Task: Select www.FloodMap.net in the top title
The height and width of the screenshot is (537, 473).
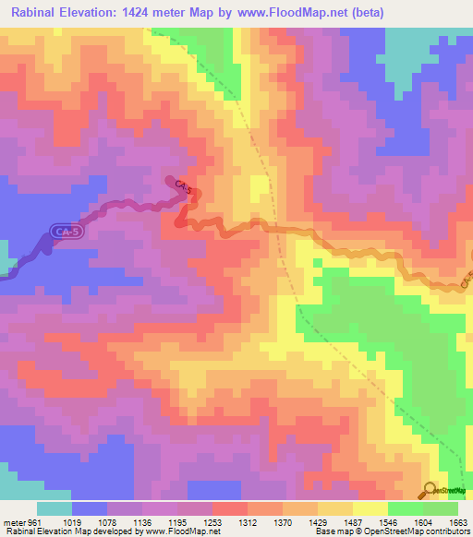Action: [x=294, y=12]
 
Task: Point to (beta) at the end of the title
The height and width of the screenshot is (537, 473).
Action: [x=363, y=12]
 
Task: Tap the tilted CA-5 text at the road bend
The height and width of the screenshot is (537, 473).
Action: [x=182, y=188]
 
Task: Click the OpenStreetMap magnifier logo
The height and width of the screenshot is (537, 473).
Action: [x=430, y=489]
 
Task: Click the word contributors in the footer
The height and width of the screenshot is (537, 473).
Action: [x=446, y=531]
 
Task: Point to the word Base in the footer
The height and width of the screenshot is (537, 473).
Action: [x=325, y=531]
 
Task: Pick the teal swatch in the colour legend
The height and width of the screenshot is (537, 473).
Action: [x=55, y=508]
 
